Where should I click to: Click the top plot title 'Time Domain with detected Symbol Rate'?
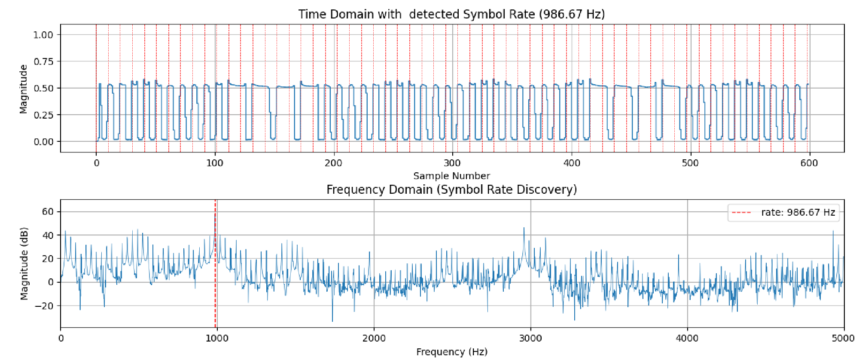click(451, 14)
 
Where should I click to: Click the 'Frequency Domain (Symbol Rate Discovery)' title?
click(451, 189)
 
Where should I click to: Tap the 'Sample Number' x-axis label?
click(451, 176)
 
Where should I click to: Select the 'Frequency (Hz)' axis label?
click(451, 352)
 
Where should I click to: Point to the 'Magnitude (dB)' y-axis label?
click(24, 263)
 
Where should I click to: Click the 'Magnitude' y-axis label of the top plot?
click(23, 88)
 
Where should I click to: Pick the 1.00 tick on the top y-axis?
click(43, 35)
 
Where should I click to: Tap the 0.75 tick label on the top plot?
click(43, 61)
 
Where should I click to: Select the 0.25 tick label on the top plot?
click(43, 115)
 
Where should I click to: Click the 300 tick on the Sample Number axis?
click(452, 163)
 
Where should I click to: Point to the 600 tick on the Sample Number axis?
click(809, 163)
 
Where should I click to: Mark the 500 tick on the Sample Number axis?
click(690, 163)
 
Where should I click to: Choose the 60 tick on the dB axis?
click(48, 211)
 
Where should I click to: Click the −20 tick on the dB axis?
click(45, 306)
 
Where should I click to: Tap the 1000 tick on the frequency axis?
click(217, 339)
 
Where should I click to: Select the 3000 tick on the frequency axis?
click(530, 339)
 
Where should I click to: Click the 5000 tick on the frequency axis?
click(843, 339)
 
